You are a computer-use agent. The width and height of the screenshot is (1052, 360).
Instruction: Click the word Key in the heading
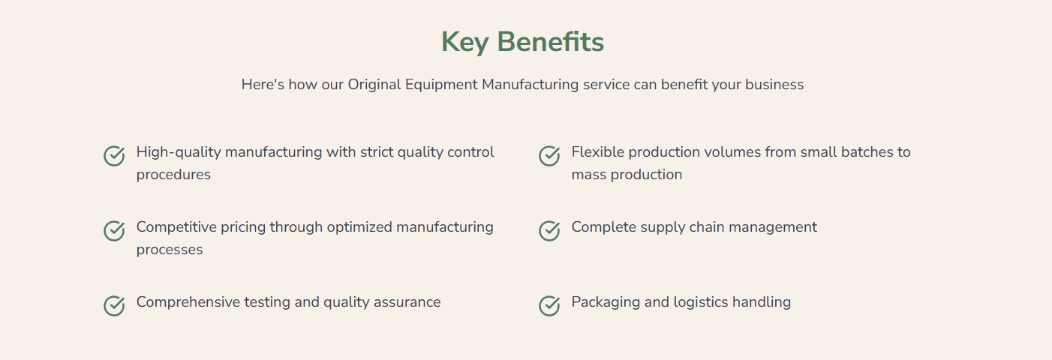(x=465, y=42)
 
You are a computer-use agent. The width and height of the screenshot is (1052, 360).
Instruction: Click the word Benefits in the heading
(x=551, y=41)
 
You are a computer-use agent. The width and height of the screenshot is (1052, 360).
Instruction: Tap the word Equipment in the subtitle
(x=441, y=85)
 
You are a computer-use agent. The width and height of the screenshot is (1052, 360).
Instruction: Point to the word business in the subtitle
(x=774, y=85)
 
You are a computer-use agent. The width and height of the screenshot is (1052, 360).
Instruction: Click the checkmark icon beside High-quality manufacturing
(x=114, y=156)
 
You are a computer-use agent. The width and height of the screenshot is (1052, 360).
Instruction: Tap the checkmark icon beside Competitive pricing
(x=114, y=231)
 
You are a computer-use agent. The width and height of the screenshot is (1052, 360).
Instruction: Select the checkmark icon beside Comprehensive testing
(x=114, y=306)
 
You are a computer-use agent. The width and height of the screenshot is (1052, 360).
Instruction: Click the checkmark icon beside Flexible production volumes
(x=549, y=156)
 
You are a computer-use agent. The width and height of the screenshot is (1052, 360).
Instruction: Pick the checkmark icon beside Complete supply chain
(x=549, y=231)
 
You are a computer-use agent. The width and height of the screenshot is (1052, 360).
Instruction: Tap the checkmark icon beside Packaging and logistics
(x=549, y=306)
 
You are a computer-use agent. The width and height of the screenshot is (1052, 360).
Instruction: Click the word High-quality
(x=179, y=152)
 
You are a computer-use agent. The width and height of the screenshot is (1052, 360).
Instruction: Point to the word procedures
(x=173, y=175)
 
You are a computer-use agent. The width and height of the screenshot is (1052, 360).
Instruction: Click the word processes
(x=170, y=250)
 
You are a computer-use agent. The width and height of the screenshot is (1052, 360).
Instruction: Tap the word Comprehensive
(x=188, y=302)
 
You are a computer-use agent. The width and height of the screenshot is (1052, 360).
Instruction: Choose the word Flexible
(x=598, y=152)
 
